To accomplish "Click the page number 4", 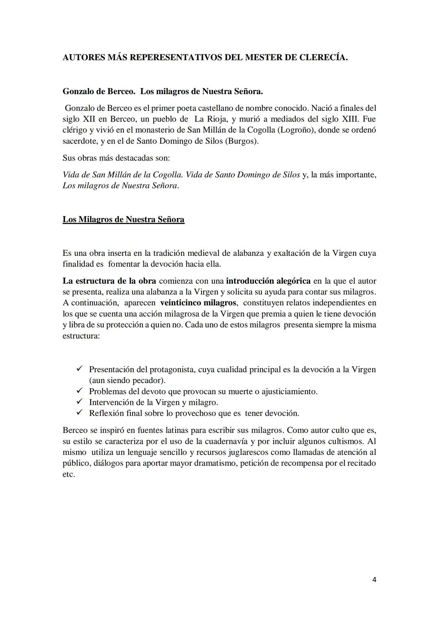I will click(x=374, y=580).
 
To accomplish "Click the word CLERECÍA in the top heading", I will click(x=323, y=57).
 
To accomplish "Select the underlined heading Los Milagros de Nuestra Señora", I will click(x=123, y=220).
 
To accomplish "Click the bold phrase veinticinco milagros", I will click(x=198, y=303).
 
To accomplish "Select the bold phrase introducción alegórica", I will click(x=268, y=281).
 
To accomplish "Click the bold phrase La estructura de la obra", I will click(x=109, y=281).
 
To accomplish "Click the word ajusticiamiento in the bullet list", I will click(x=289, y=391).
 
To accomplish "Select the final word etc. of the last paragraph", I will click(x=69, y=474).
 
